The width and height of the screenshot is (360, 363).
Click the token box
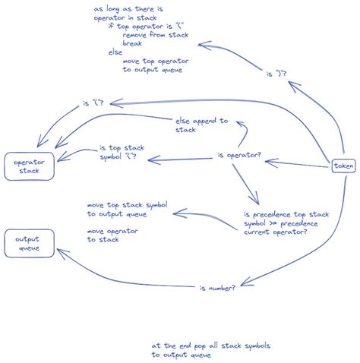(x=343, y=166)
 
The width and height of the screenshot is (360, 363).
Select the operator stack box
(x=25, y=166)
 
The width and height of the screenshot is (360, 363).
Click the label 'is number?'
(x=217, y=289)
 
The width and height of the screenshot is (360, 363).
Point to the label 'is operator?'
(x=239, y=156)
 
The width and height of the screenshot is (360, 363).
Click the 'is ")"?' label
(x=278, y=74)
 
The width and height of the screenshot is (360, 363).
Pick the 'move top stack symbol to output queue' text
(x=127, y=210)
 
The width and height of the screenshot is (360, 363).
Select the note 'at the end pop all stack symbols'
(x=210, y=346)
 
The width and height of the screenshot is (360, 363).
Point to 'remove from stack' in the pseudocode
(x=156, y=35)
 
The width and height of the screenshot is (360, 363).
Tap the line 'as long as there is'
(x=128, y=8)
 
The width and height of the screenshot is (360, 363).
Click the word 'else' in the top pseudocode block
(x=115, y=52)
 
